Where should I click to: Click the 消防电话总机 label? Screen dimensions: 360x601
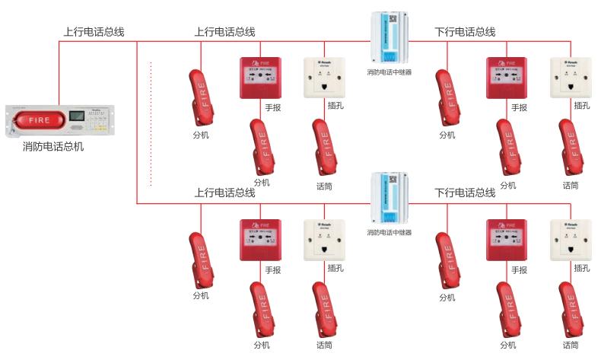pyautogui.click(x=53, y=146)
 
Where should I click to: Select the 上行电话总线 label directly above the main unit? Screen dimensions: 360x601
pyautogui.click(x=94, y=32)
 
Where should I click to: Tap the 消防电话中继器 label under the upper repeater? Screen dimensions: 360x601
pyautogui.click(x=389, y=72)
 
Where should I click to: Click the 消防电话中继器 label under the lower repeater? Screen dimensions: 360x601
pyautogui.click(x=389, y=232)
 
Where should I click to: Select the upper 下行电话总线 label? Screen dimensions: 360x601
pyautogui.click(x=465, y=32)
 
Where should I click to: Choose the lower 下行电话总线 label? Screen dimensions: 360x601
pyautogui.click(x=465, y=193)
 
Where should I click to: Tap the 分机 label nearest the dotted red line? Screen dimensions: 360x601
pyautogui.click(x=201, y=135)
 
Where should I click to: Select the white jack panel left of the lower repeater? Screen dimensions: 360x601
pyautogui.click(x=324, y=240)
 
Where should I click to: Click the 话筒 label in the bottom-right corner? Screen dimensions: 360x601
pyautogui.click(x=571, y=346)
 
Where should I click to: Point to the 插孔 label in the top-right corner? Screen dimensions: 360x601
pyautogui.click(x=582, y=106)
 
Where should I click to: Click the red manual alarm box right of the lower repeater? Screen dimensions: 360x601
pyautogui.click(x=506, y=240)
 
